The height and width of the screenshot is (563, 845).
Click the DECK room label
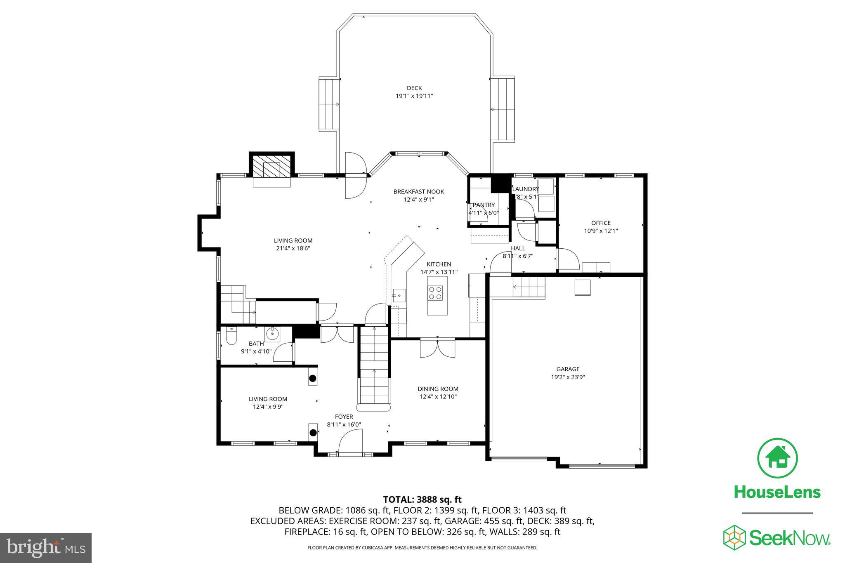pos(414,88)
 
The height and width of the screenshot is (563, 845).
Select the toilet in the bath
pos(231,337)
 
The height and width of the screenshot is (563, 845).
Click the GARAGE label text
pos(568,369)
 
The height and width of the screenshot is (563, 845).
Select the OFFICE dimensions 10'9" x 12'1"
pos(601,231)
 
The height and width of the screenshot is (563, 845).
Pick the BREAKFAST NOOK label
pos(418,191)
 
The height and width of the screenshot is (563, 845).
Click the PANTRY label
pos(484,205)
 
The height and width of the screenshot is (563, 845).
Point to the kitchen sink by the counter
pos(399,296)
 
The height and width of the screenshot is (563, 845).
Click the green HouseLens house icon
pos(777,458)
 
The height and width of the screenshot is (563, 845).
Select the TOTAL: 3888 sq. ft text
pos(422,500)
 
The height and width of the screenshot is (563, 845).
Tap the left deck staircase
pos(329,104)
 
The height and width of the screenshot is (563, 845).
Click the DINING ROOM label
pos(438,389)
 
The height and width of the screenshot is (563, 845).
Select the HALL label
pos(518,248)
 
